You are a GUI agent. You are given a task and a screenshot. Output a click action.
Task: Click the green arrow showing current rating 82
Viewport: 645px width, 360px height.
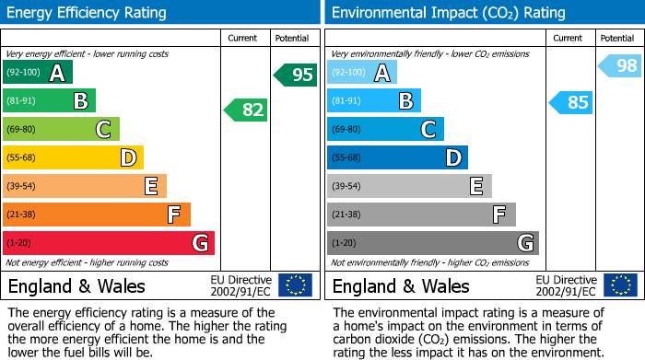(246, 110)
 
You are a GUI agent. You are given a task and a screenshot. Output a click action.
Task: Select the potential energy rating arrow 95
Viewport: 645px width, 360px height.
(296, 75)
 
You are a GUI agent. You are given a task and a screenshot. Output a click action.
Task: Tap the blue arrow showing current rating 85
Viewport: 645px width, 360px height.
(570, 102)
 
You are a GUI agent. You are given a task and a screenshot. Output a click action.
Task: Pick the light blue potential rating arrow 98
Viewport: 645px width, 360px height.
(620, 65)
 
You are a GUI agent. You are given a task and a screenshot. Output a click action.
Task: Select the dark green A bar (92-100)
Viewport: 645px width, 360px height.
(37, 73)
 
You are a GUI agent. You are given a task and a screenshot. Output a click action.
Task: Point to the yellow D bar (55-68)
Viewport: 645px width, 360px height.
(73, 157)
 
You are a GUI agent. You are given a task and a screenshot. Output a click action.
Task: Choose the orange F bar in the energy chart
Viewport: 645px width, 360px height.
(96, 215)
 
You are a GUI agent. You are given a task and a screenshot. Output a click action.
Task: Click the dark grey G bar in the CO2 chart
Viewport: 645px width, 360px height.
(432, 243)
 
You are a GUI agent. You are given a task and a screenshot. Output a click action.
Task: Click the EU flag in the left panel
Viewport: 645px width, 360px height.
(295, 285)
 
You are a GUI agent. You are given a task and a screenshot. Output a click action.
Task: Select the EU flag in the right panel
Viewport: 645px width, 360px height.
(619, 285)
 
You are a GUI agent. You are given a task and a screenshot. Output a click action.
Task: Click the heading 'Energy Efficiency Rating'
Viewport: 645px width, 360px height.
(88, 13)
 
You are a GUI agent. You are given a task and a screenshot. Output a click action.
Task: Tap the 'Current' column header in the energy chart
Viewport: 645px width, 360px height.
(244, 38)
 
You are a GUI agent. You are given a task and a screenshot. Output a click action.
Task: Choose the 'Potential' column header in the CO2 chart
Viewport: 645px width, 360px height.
(616, 38)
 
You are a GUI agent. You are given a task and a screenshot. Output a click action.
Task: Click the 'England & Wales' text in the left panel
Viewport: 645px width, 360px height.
(76, 285)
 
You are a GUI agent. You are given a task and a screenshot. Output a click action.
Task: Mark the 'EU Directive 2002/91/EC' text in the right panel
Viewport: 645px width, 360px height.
(566, 285)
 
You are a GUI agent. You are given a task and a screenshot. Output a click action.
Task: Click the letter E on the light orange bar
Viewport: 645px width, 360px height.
(150, 186)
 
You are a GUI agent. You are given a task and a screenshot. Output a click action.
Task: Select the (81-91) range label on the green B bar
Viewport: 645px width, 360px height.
(21, 100)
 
